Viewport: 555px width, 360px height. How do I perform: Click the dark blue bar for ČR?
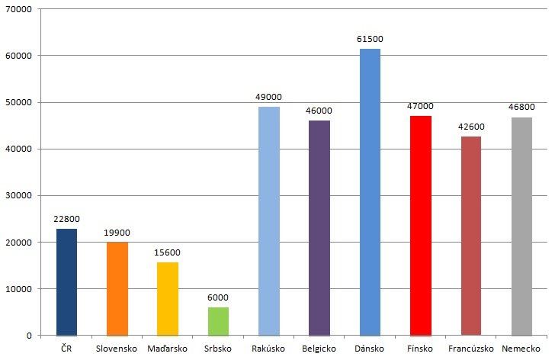coord(66,282)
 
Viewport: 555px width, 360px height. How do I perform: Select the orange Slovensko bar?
coord(117,289)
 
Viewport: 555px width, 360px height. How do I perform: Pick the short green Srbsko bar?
coord(218,321)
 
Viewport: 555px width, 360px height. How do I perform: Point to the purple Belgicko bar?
coord(319,228)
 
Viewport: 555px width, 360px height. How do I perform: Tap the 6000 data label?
coord(218,297)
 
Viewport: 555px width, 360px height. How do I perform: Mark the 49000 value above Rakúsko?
coord(268,97)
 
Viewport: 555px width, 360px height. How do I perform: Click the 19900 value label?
coord(117,232)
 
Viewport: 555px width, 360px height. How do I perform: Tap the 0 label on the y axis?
coord(29,336)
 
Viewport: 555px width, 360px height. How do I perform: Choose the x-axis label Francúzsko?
coord(470,349)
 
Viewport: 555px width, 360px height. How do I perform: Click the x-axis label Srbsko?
coord(218,349)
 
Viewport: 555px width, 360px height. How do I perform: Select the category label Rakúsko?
coord(268,349)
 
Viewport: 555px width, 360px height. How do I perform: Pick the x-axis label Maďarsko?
coord(168,349)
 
